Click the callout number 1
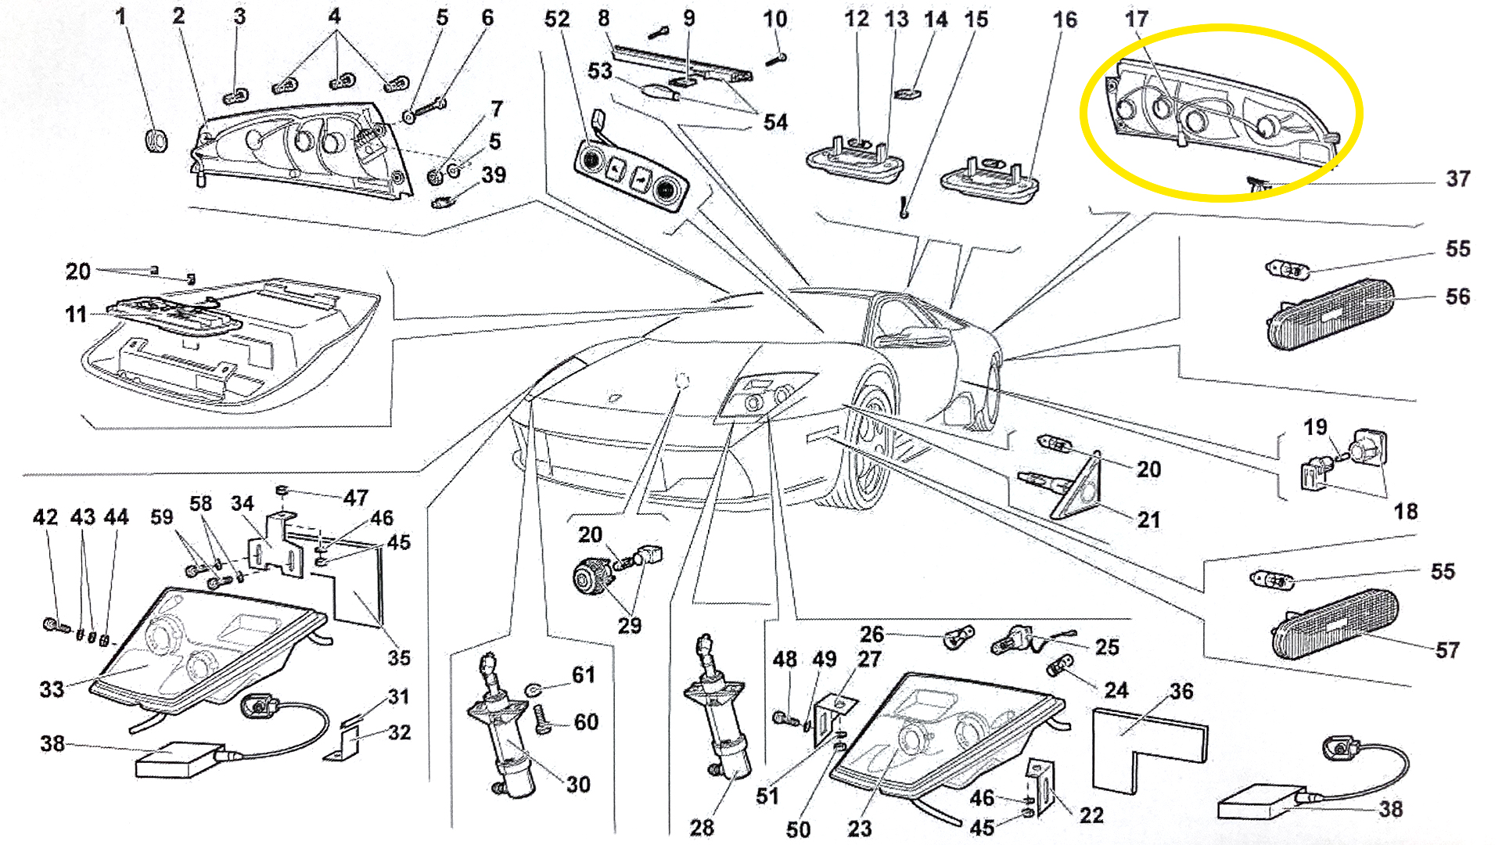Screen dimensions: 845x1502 pos(120,16)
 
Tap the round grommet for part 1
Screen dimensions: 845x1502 pos(156,140)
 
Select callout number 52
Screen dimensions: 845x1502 pos(557,20)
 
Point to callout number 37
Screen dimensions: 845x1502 pos(1457,179)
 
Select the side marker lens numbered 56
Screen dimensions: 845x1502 pos(1330,313)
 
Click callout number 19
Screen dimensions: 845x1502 pos(1315,427)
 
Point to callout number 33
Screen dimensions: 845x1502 pos(52,689)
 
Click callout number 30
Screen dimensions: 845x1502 pos(578,785)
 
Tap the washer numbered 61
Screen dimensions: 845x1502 pos(534,689)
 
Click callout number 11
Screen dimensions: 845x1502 pos(76,315)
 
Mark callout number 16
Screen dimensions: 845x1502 pos(1065,20)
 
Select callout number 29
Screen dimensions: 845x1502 pos(630,626)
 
